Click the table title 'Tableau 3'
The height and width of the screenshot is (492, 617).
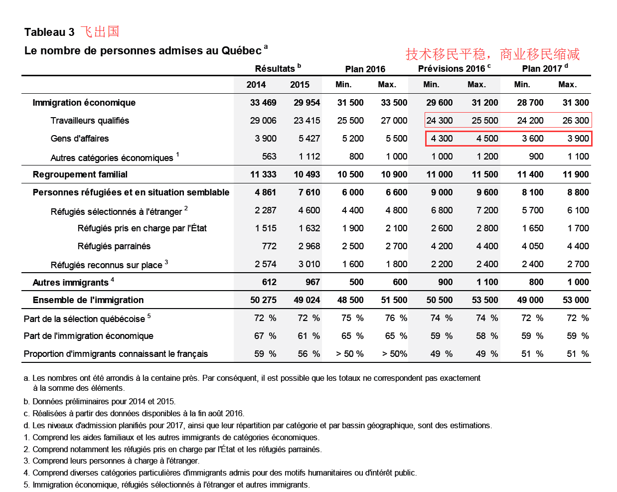point(49,32)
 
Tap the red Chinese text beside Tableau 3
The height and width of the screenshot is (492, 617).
point(100,32)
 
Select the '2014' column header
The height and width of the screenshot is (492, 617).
point(256,85)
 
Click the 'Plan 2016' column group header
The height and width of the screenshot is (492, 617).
point(365,69)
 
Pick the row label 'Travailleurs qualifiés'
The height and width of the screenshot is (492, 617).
point(90,121)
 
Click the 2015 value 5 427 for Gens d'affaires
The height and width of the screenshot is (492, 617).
point(309,139)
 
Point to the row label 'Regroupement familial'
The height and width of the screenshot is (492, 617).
point(80,174)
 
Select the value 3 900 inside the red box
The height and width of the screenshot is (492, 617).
point(578,139)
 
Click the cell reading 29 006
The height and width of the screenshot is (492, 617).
point(263,121)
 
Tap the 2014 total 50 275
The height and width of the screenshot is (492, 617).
point(263,300)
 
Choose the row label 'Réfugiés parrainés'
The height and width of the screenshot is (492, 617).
point(114,246)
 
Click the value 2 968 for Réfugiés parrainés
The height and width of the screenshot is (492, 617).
point(309,246)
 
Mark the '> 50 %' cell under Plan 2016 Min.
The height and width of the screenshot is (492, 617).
point(349,354)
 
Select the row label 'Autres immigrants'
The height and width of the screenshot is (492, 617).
point(70,283)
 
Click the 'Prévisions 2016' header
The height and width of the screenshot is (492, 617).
point(452,69)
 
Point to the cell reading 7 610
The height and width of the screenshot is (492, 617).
point(309,192)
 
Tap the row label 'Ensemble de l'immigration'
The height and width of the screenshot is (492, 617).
point(88,300)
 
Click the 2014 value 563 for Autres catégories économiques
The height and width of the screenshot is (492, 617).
point(269,157)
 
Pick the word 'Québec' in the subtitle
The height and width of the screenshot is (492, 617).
point(241,51)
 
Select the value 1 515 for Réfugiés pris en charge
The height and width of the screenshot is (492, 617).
point(266,228)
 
